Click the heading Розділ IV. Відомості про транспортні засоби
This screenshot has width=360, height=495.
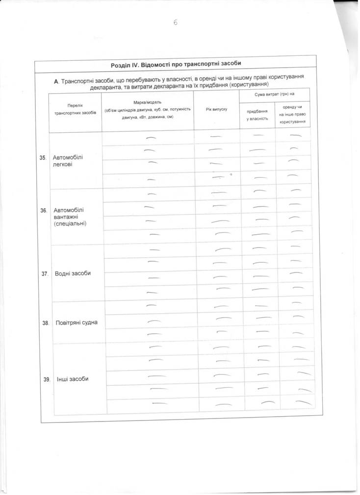[x=177, y=65]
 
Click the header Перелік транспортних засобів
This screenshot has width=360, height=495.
[x=75, y=109]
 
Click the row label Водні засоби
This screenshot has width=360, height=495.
[x=73, y=273]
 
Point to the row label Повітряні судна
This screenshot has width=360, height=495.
[x=77, y=323]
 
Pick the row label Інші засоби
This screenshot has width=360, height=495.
[x=73, y=379]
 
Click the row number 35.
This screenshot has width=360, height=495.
[x=43, y=158]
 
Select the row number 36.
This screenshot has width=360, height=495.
[x=44, y=210]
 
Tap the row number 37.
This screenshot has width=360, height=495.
[x=44, y=274]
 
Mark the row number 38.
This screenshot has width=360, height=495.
[x=45, y=323]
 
